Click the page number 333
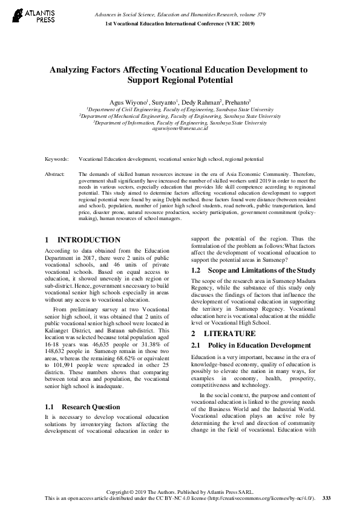327,498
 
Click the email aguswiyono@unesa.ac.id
180,128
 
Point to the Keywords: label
56,159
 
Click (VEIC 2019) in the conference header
237,23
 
